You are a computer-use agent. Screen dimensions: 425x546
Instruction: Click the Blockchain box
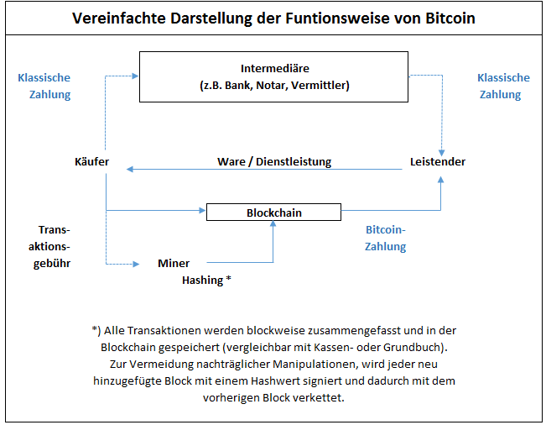pyautogui.click(x=273, y=212)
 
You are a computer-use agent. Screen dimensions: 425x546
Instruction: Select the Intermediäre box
pyautogui.click(x=275, y=76)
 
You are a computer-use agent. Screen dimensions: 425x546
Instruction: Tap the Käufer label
pyautogui.click(x=91, y=161)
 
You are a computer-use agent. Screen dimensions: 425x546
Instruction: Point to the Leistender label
pyautogui.click(x=438, y=161)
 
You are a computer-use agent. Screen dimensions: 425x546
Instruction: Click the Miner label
pyautogui.click(x=174, y=264)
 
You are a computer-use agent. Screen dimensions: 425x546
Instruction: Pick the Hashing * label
pyautogui.click(x=206, y=281)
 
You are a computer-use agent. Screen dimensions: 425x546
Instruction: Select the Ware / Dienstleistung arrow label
pyautogui.click(x=274, y=161)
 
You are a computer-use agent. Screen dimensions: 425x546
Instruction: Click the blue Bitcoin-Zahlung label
pyautogui.click(x=385, y=239)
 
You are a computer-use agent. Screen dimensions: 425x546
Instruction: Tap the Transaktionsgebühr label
pyautogui.click(x=55, y=246)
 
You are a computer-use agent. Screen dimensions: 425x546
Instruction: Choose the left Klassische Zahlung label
pyautogui.click(x=44, y=86)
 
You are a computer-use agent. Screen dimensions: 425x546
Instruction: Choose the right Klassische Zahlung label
pyautogui.click(x=503, y=86)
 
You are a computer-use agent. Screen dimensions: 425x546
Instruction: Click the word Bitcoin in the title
pyautogui.click(x=447, y=18)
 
